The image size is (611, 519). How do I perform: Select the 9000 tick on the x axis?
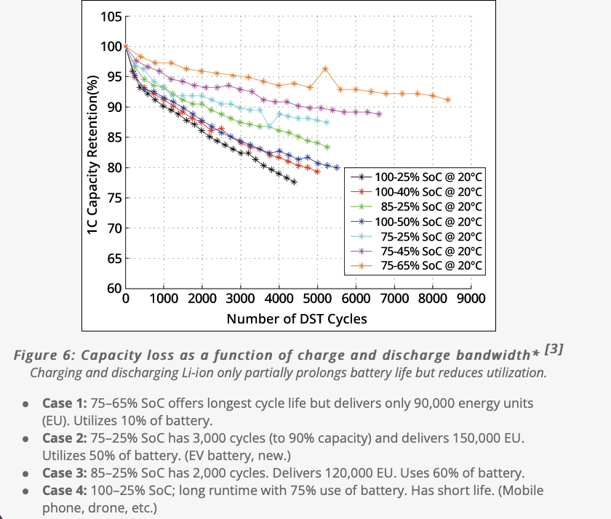[471, 299]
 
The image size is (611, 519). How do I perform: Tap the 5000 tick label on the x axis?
[317, 299]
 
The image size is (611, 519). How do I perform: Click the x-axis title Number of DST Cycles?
[297, 318]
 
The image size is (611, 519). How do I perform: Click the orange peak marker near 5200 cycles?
[325, 69]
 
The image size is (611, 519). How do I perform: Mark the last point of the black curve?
[294, 182]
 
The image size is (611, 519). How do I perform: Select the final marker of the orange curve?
[447, 100]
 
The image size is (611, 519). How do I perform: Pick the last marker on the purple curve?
[379, 114]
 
